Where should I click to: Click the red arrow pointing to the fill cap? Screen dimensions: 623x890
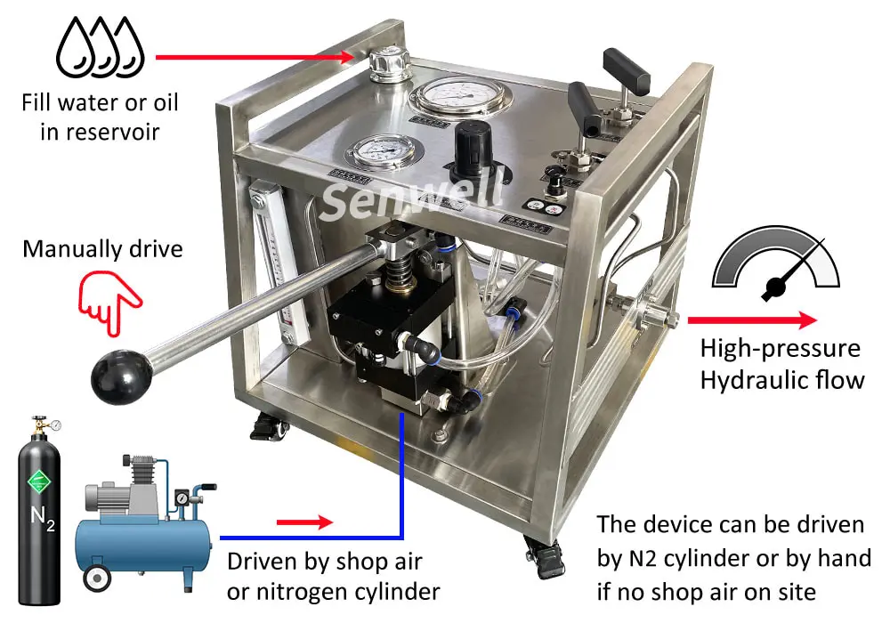(x=258, y=57)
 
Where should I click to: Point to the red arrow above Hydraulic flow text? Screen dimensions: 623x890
(x=751, y=320)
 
